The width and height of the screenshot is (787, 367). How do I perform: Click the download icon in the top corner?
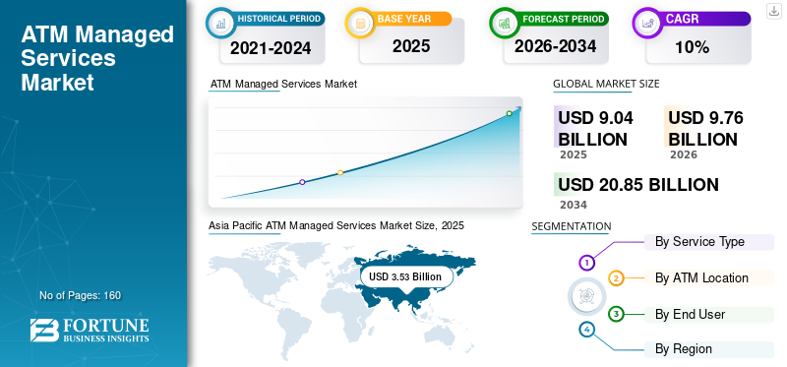click(x=774, y=11)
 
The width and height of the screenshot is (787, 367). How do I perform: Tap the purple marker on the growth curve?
click(x=302, y=182)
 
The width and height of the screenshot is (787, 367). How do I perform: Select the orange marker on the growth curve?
click(x=340, y=173)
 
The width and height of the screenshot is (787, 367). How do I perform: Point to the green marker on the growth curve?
click(x=509, y=113)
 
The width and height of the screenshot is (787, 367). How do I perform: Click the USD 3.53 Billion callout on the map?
click(x=405, y=276)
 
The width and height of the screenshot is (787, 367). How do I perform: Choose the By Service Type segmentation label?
click(x=699, y=241)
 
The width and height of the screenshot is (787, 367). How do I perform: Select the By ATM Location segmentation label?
click(x=701, y=277)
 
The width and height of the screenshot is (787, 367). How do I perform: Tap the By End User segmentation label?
click(x=691, y=314)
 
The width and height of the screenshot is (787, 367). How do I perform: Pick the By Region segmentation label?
click(x=684, y=348)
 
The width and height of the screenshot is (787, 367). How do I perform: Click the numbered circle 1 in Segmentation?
click(x=586, y=262)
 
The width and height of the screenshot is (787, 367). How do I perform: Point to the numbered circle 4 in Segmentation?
click(x=586, y=330)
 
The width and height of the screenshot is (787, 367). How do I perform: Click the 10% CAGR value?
click(x=693, y=47)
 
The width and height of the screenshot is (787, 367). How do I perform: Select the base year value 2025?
click(x=411, y=46)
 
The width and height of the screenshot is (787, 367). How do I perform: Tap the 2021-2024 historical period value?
click(x=271, y=48)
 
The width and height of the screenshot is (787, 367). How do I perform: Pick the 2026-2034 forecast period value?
click(x=555, y=46)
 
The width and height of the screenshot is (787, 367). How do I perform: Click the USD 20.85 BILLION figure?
click(x=638, y=185)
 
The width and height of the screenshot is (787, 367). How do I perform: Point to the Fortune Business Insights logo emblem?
click(x=43, y=330)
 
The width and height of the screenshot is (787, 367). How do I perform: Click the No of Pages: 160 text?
click(x=81, y=295)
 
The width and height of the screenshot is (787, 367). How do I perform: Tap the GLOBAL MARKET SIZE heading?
click(x=606, y=84)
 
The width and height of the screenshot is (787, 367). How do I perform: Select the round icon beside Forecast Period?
click(x=505, y=23)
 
